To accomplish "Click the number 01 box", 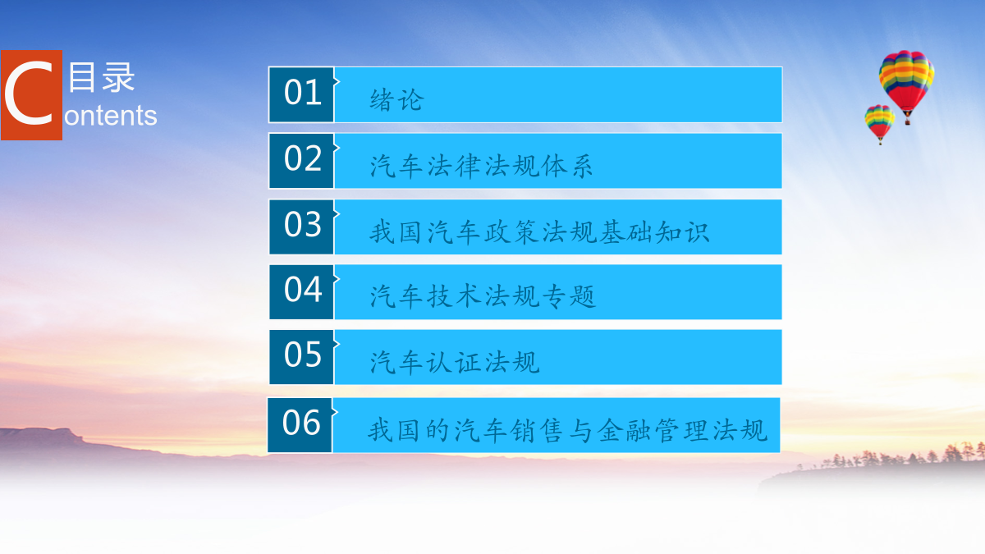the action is pos(302,94).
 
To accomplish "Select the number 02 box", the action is pos(302,161).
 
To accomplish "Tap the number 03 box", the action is pos(302,227).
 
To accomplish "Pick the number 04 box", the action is pos(302,292).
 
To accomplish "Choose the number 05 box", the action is pos(302,357).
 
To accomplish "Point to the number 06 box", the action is pos(300,425).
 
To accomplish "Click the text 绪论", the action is pos(396,100).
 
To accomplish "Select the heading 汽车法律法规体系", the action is pos(481,167).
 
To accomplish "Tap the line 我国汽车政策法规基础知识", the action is pos(539,232).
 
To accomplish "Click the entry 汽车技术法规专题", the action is pos(483,296).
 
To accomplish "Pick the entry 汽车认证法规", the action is pos(455,362).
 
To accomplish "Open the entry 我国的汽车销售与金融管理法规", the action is pos(568,430).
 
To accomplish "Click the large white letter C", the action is pos(29,94).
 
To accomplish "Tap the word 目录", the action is pos(102,77).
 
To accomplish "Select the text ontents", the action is pos(110,116).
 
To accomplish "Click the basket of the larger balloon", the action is pos(907,121).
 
